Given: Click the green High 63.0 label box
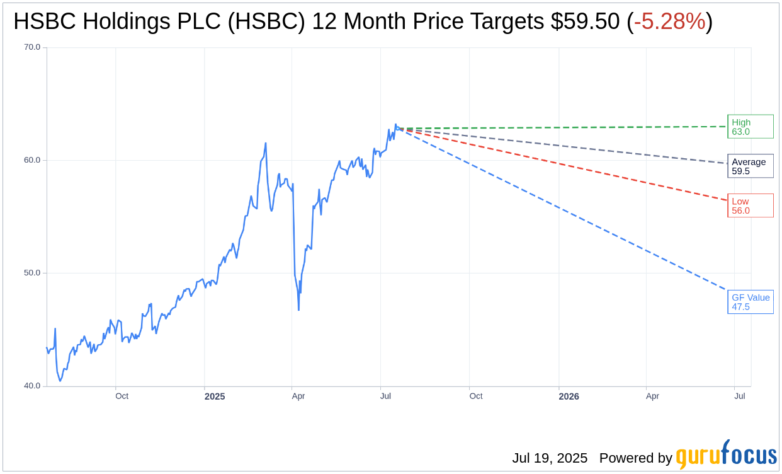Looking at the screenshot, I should click(x=750, y=127).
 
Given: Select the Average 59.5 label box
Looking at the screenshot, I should click(x=750, y=166).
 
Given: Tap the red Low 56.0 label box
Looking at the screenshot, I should click(x=750, y=206).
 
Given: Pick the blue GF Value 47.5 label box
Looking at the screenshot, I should click(x=750, y=302).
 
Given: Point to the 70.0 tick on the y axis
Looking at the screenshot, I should click(x=32, y=47).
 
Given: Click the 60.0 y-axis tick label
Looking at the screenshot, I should click(x=32, y=160).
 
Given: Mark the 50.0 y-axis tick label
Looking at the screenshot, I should click(x=32, y=273).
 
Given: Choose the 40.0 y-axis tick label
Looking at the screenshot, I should click(x=32, y=386).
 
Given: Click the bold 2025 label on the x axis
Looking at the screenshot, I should click(x=215, y=396).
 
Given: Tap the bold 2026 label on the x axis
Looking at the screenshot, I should click(x=569, y=396).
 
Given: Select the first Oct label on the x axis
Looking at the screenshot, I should click(x=122, y=396).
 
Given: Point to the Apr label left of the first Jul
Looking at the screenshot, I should click(x=298, y=396).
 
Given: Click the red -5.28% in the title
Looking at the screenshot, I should click(x=669, y=21).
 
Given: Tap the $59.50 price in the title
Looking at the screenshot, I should click(x=585, y=21).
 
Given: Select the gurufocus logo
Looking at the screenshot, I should click(x=726, y=455).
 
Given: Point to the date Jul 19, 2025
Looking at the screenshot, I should click(x=550, y=458).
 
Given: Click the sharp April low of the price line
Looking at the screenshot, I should click(x=298, y=309).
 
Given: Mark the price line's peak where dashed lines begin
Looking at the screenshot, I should click(x=395, y=125).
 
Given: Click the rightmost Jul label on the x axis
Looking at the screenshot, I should click(x=740, y=396).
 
